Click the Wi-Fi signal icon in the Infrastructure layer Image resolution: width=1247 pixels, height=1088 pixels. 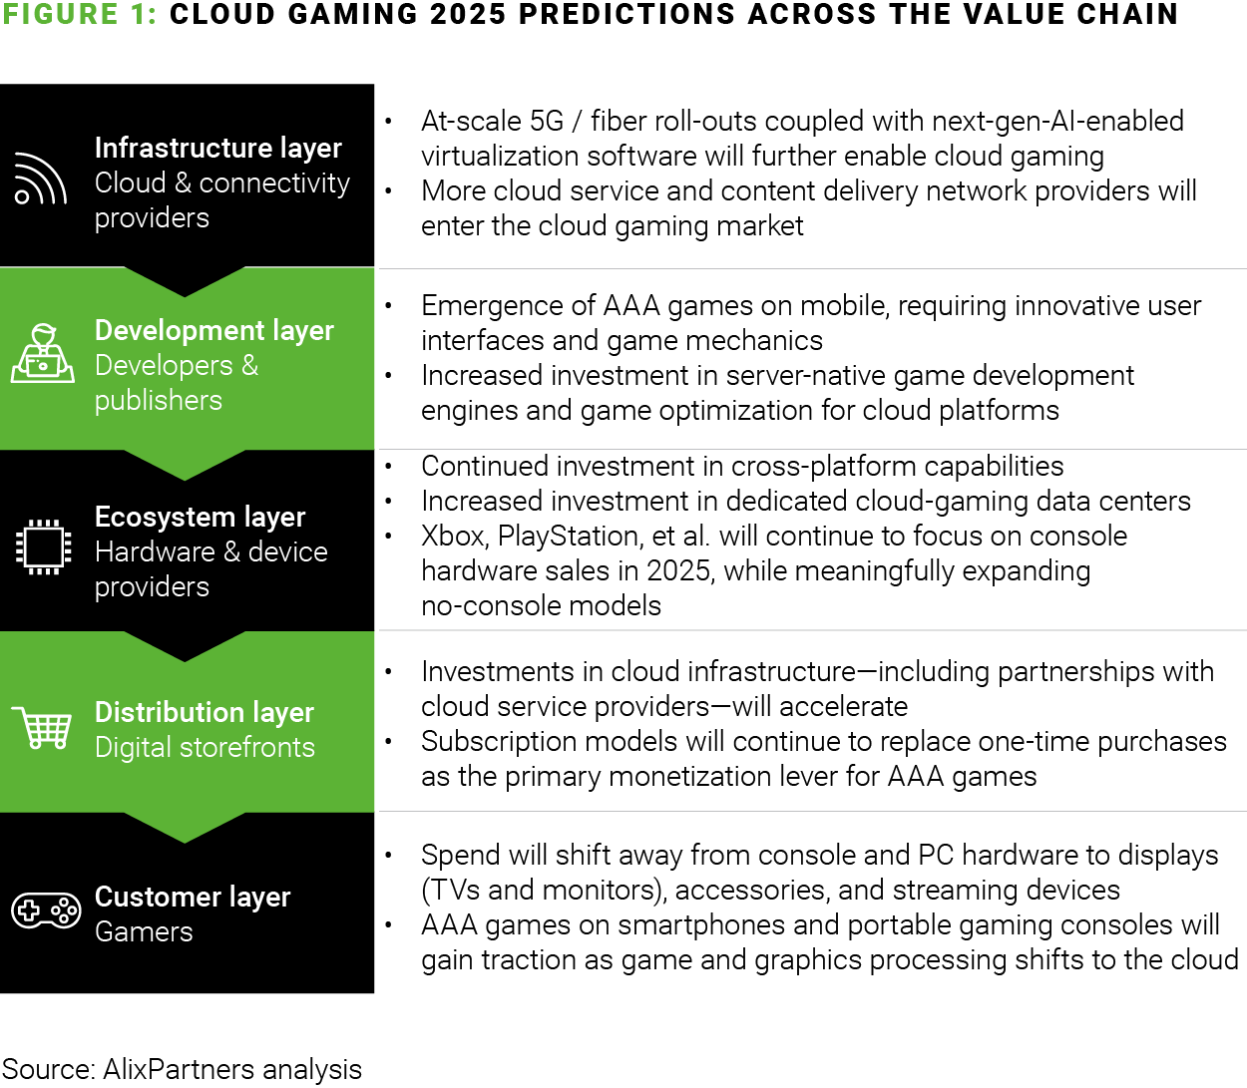40,180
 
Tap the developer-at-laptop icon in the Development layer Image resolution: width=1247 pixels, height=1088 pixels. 43,353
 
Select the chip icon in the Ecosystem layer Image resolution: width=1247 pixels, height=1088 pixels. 43,546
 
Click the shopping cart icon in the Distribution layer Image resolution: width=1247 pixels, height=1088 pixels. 42,728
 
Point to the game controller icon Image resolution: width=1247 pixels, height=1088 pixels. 46,909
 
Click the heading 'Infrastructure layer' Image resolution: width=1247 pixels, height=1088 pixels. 217,148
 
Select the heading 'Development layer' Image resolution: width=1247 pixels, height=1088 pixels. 213,330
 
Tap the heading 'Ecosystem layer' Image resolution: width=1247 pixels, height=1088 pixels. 200,517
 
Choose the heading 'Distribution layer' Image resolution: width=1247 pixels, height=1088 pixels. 204,712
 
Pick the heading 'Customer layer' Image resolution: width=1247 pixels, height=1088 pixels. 192,897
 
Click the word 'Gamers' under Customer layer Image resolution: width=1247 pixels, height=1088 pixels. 144,931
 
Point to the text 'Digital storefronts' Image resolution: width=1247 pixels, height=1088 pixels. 205,747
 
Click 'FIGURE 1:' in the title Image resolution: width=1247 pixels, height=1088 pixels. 79,14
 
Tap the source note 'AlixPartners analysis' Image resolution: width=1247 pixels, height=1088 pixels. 231,1069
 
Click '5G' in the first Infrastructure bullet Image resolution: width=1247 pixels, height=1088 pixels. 547,122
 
